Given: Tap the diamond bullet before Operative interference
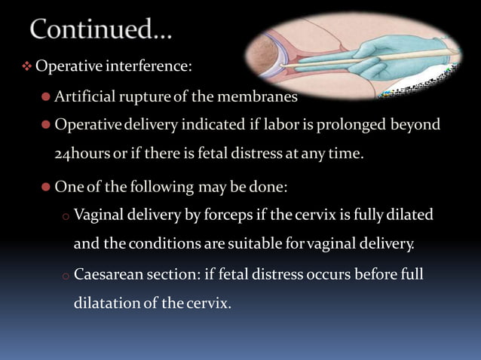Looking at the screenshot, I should click(x=26, y=67).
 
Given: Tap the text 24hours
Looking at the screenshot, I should click(x=82, y=154).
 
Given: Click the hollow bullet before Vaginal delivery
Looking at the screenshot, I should click(x=66, y=216).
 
